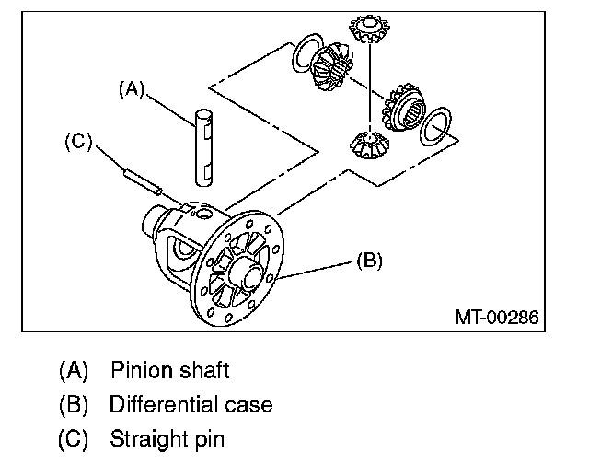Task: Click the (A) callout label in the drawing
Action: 132,90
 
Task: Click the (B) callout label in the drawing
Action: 369,261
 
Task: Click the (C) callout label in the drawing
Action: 78,143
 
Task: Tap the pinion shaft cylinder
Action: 203,147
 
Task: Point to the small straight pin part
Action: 143,181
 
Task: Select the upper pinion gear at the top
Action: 370,29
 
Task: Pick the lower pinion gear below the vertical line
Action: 369,145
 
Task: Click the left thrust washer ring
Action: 306,52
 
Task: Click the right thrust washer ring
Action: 435,126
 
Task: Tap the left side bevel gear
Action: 333,66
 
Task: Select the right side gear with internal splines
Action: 403,107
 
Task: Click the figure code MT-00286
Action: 497,317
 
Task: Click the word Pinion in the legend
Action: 139,370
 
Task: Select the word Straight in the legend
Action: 149,439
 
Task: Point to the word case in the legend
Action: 248,406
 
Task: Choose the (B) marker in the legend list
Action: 74,405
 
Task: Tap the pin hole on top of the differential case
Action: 204,215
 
